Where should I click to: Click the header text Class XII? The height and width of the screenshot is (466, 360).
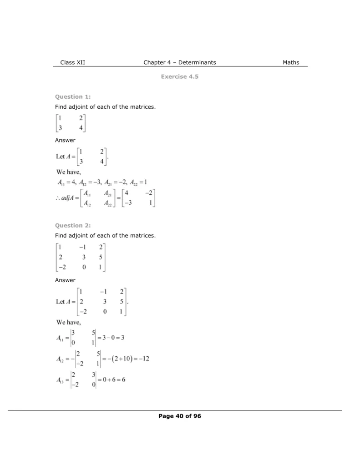tap(72, 62)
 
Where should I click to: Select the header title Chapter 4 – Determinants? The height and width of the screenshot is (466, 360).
tap(179, 62)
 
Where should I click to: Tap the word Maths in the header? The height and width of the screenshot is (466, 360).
tap(291, 62)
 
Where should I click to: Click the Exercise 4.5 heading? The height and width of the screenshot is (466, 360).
tap(179, 77)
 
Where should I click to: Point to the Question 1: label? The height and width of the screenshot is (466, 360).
tap(73, 96)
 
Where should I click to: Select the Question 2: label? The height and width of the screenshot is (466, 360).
tap(73, 225)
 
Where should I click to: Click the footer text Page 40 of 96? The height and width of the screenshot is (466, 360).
tap(179, 416)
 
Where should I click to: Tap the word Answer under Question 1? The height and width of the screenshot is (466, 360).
tap(65, 140)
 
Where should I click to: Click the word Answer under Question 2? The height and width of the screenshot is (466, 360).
tap(65, 280)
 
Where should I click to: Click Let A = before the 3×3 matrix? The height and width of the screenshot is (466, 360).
tap(65, 301)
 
